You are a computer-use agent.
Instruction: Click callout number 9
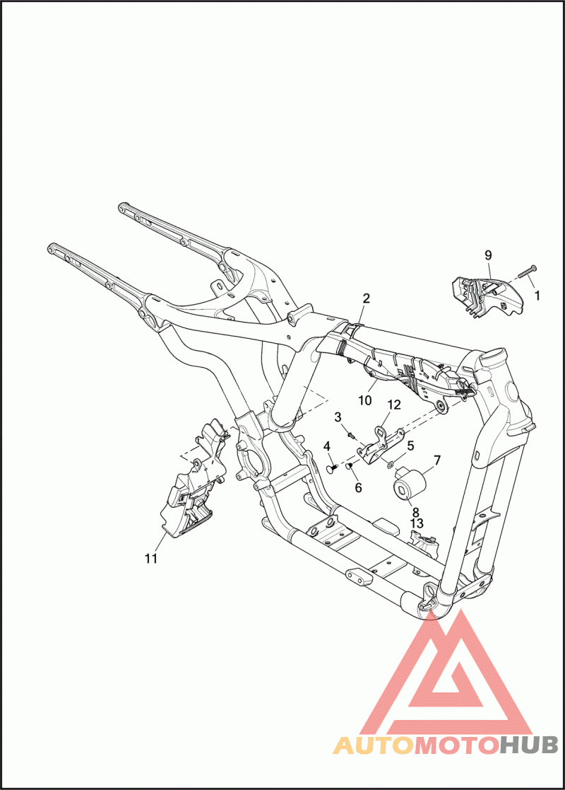488,255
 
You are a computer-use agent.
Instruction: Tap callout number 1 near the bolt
537,295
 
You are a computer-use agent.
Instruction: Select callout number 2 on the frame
367,298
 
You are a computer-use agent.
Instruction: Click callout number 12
394,405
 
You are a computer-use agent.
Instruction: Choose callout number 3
338,417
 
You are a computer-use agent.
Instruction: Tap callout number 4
327,446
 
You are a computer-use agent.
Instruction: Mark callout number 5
410,446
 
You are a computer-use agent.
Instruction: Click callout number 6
358,488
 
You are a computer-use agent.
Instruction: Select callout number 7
436,460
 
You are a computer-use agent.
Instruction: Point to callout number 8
415,512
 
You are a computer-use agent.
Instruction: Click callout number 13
417,524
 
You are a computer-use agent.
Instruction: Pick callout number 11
151,558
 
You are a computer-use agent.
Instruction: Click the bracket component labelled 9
488,295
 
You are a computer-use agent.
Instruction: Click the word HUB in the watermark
528,745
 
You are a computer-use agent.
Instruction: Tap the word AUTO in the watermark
374,745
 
